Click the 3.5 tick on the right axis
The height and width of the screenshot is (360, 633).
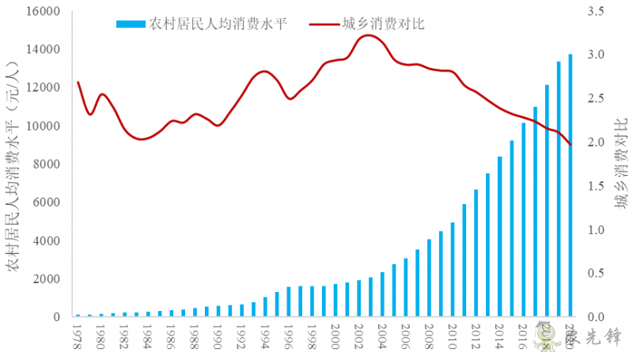[x=595, y=12]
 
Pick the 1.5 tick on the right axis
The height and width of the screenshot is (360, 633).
[x=595, y=187]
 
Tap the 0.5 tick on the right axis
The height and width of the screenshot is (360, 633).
[x=595, y=274]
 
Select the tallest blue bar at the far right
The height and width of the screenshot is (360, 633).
[x=570, y=186]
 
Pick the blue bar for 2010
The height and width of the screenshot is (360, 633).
[x=453, y=270]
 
